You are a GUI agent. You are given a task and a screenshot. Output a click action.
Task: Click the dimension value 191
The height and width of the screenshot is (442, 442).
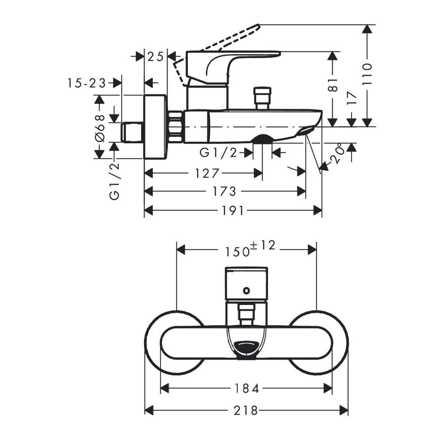point(233,211)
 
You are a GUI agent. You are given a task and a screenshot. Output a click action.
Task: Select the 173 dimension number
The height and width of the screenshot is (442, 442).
point(225,192)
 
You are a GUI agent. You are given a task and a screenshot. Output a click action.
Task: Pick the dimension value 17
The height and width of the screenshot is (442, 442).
point(352,98)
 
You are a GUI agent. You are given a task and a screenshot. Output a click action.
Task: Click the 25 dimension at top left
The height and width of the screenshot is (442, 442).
point(155,57)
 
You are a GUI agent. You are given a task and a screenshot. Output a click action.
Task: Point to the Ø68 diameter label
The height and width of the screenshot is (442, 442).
point(99,127)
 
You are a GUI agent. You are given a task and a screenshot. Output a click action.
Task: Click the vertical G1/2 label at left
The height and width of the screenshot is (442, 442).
point(115,181)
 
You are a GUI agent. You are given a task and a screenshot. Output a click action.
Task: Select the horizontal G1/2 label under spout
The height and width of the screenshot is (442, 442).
point(218,152)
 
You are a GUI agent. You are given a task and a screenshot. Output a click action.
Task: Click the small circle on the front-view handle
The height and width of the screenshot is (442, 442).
point(246,291)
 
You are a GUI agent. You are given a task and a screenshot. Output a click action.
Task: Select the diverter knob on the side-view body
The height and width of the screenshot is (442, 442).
point(263,97)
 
